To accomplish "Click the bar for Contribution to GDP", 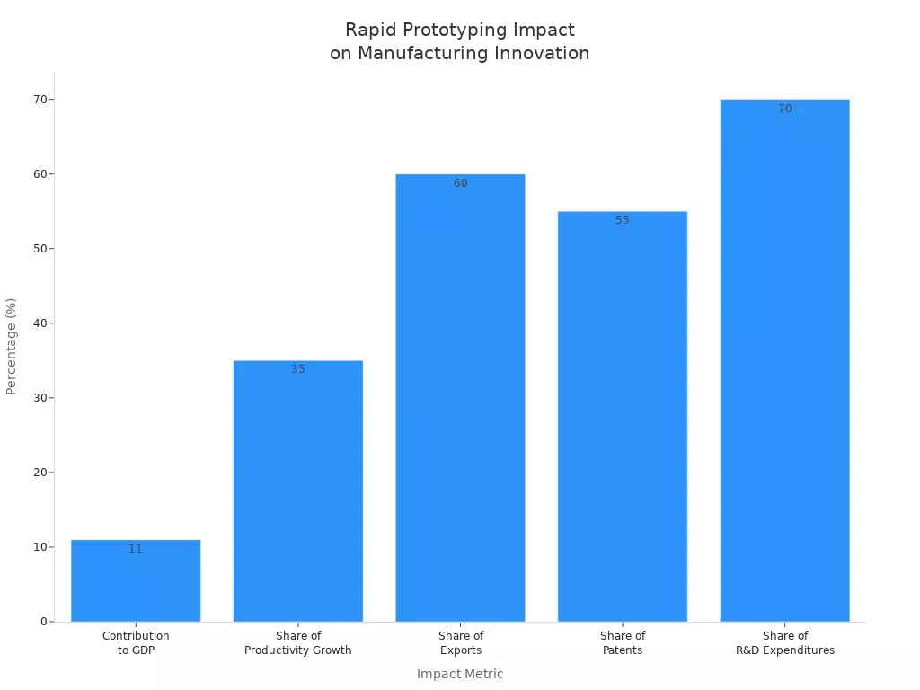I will pyautogui.click(x=136, y=584).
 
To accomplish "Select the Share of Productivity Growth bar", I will pyautogui.click(x=297, y=494).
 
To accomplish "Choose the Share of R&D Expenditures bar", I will pyautogui.click(x=784, y=359).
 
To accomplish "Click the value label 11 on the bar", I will pyautogui.click(x=136, y=549).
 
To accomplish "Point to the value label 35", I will pyautogui.click(x=297, y=369).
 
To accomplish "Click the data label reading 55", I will pyautogui.click(x=623, y=220).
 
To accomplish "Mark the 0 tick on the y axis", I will pyautogui.click(x=43, y=622).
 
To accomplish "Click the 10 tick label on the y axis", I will pyautogui.click(x=40, y=547).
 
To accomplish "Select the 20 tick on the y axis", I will pyautogui.click(x=40, y=473).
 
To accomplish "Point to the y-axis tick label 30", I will pyautogui.click(x=40, y=398).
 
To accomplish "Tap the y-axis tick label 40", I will pyautogui.click(x=40, y=323).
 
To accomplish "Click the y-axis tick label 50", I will pyautogui.click(x=40, y=249).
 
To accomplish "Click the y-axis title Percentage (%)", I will pyautogui.click(x=12, y=346).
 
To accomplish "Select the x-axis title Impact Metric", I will pyautogui.click(x=460, y=674).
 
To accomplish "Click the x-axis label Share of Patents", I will pyautogui.click(x=623, y=643).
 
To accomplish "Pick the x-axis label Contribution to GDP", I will pyautogui.click(x=136, y=643).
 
